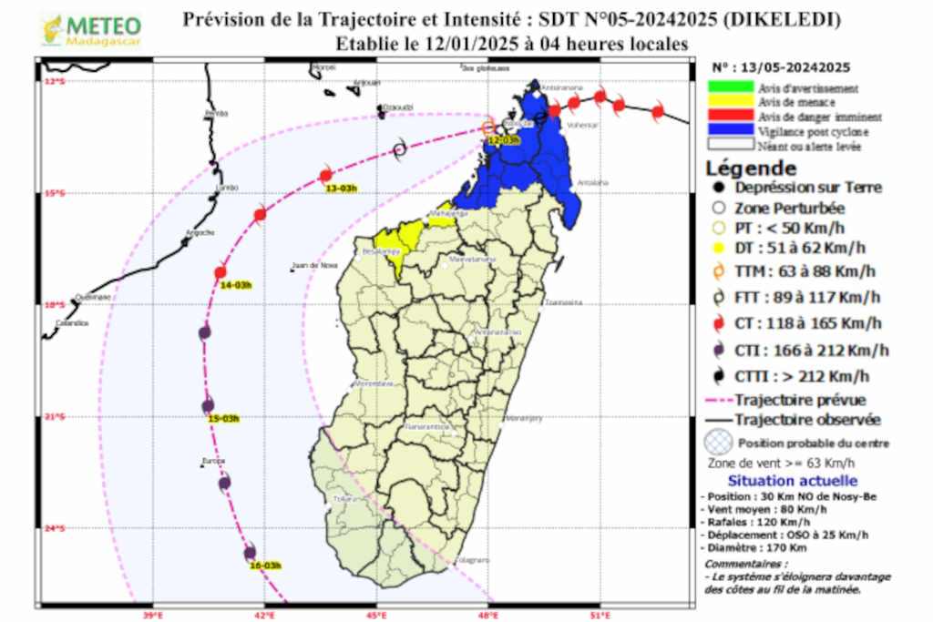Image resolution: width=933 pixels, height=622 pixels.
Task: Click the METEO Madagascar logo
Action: coord(91,29)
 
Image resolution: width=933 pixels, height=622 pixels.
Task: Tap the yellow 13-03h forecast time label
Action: coord(342,188)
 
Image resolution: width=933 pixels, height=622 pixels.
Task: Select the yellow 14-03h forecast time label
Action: coord(236,285)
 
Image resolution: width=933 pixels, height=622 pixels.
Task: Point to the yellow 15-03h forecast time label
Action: coord(223,419)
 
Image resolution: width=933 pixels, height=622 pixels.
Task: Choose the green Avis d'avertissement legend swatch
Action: coord(731,88)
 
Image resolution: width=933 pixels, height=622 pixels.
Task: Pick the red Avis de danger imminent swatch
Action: coord(731,117)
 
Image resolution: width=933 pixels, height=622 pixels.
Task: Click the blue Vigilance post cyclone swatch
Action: coord(731,131)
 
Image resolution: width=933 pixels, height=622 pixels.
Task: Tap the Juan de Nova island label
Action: coord(308,266)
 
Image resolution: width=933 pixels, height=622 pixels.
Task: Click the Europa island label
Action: coord(214,461)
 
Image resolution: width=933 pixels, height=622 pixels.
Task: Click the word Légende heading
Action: coord(752,169)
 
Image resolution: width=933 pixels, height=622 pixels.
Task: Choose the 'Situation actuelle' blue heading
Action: coord(791,480)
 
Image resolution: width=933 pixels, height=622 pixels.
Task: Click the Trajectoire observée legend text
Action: coord(807,420)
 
